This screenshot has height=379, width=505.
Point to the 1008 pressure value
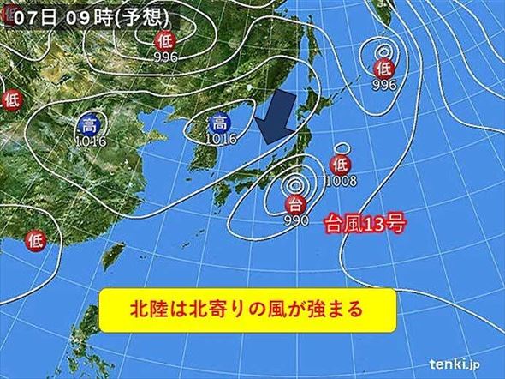(341, 181)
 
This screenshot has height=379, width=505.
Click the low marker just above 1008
(340, 165)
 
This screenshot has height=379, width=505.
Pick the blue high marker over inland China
(90, 125)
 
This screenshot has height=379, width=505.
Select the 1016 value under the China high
(90, 141)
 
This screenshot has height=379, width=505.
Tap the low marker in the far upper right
(383, 68)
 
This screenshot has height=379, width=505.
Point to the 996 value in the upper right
(383, 84)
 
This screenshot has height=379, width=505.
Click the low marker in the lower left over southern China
(36, 238)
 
